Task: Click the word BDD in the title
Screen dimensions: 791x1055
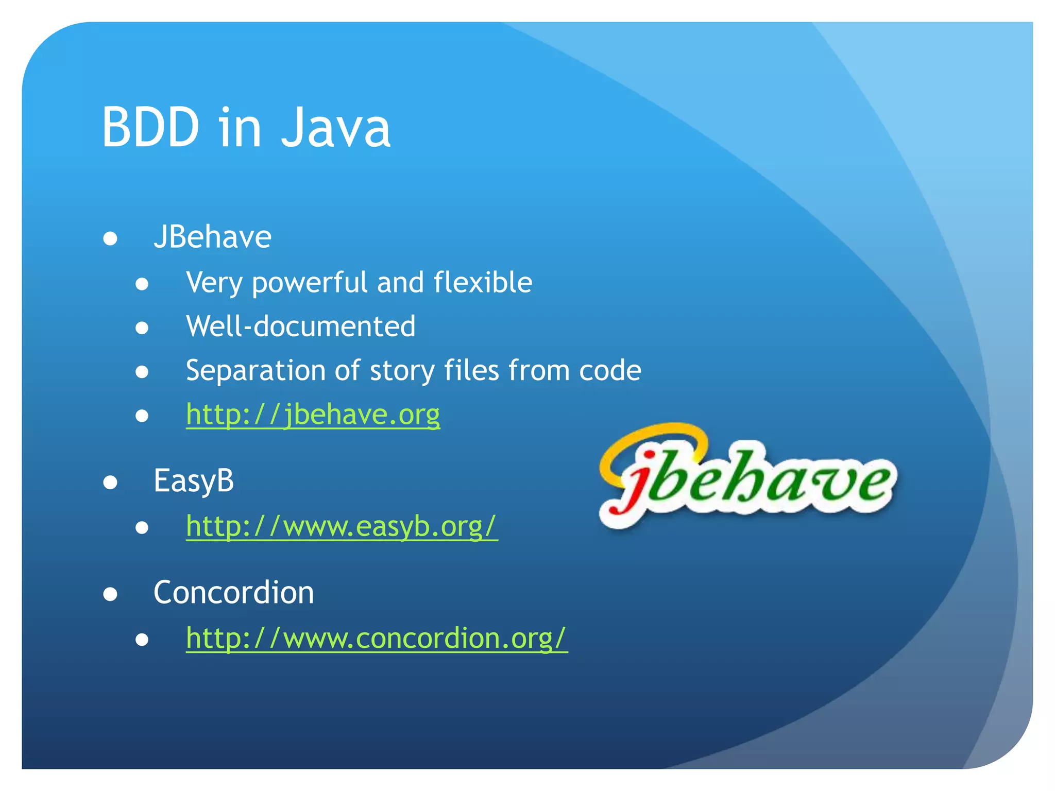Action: point(150,127)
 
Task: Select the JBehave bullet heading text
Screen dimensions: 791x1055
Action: point(212,237)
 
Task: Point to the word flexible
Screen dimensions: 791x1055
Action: point(483,282)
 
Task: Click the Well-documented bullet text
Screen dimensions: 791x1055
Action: point(300,326)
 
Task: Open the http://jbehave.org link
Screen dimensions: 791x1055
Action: point(313,415)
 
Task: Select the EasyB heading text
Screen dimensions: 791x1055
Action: point(194,481)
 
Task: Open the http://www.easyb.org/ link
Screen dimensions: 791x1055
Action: point(342,526)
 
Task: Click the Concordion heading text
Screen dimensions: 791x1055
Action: point(233,593)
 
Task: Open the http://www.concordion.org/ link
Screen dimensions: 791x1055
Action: point(377,638)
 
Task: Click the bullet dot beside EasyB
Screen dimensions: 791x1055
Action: point(110,483)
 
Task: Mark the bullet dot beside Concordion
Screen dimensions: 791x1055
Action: point(110,594)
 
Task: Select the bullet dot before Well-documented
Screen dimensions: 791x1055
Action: point(142,328)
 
